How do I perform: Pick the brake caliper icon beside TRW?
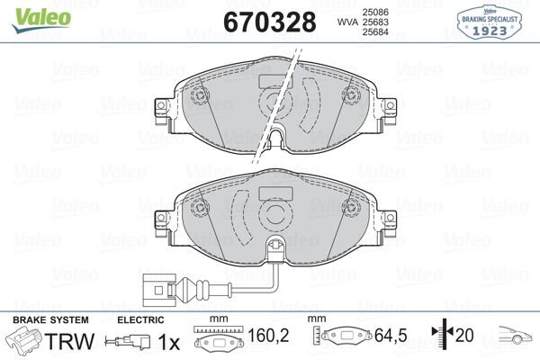(23, 342)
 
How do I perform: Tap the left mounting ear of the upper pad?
(163, 109)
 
